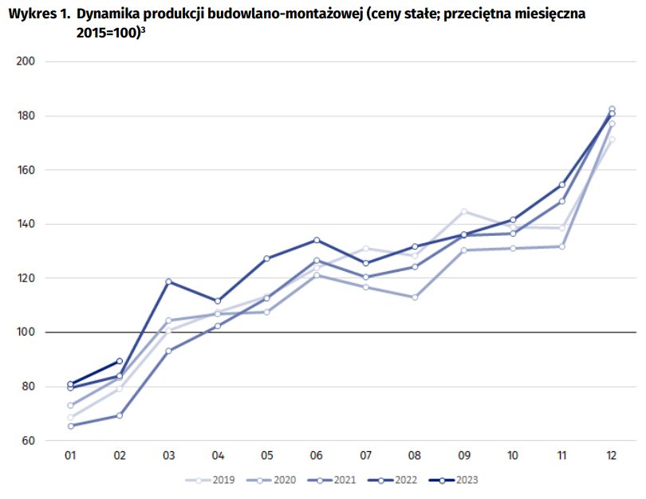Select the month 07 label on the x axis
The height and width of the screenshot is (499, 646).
(366, 456)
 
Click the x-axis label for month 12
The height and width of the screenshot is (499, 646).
(612, 456)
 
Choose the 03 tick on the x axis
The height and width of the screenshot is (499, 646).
(169, 456)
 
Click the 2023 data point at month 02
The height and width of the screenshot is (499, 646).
(120, 361)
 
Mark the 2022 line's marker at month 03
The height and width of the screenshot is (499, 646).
(169, 281)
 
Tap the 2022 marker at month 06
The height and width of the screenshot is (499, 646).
(317, 240)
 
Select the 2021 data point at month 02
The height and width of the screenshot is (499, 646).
(120, 415)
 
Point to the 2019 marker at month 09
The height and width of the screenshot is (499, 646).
(464, 211)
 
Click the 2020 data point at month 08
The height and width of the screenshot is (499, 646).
(415, 297)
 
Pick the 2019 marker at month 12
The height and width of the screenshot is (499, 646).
(612, 139)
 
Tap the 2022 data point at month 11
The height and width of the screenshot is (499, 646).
(562, 185)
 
